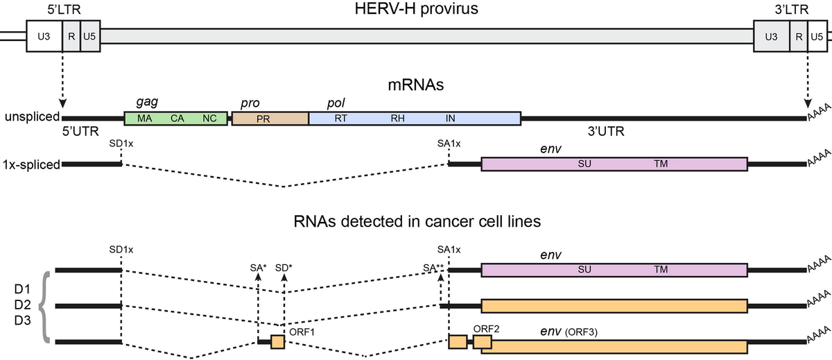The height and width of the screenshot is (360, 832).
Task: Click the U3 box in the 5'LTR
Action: tap(44, 35)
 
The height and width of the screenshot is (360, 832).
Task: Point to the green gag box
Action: tap(176, 119)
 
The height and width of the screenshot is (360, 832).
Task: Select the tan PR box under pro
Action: tap(270, 119)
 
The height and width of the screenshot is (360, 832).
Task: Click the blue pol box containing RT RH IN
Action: tap(414, 119)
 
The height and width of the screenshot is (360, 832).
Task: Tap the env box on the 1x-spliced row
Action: tap(614, 164)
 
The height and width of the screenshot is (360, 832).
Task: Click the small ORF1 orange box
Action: tap(277, 342)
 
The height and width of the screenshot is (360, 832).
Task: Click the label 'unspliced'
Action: tap(31, 118)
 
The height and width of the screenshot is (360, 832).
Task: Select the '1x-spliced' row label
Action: tap(31, 164)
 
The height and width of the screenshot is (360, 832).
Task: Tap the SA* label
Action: tap(258, 267)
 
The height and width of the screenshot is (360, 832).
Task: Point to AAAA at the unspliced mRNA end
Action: tap(818, 119)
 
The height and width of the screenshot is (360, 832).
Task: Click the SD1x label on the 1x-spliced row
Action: tap(121, 143)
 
